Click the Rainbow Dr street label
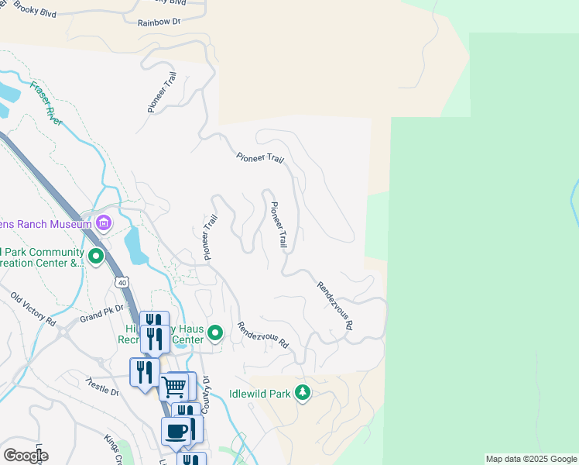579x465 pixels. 159,22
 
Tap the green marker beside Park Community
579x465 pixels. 96,255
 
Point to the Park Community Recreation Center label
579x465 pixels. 42,257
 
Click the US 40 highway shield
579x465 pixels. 122,282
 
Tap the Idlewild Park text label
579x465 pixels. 260,394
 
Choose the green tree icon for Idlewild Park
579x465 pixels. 303,394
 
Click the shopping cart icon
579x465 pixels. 175,385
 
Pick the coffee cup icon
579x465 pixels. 176,431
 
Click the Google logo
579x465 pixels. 25,456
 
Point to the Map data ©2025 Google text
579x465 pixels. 531,459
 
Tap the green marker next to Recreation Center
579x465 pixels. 216,334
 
